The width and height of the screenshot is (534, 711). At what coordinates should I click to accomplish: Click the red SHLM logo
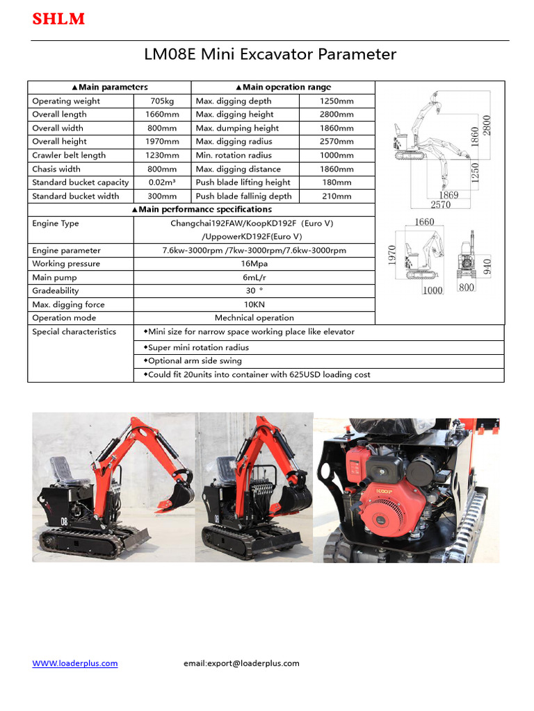coord(58,19)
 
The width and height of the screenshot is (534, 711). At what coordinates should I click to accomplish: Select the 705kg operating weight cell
coord(162,101)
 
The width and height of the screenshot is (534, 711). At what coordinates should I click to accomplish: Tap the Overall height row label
coord(60,142)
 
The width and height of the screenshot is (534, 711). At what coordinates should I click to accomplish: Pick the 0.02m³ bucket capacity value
coord(162,183)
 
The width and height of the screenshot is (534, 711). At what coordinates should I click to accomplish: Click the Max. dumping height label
coord(237,128)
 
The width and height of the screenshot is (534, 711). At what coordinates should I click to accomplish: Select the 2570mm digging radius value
coord(337,142)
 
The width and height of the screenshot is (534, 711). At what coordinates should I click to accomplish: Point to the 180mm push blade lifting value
coord(337,183)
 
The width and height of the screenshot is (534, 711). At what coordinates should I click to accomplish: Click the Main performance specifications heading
coord(201,210)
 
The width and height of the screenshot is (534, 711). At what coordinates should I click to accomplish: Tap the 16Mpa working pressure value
coord(254,264)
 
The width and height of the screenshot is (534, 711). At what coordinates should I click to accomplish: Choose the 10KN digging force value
coord(254,305)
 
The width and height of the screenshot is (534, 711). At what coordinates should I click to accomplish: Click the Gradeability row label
coord(56,291)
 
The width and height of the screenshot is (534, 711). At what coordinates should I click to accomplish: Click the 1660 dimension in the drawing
coord(424,222)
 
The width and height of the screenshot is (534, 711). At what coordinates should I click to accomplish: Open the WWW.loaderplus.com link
coord(75,663)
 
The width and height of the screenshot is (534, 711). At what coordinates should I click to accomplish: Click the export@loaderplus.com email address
coord(241,663)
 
